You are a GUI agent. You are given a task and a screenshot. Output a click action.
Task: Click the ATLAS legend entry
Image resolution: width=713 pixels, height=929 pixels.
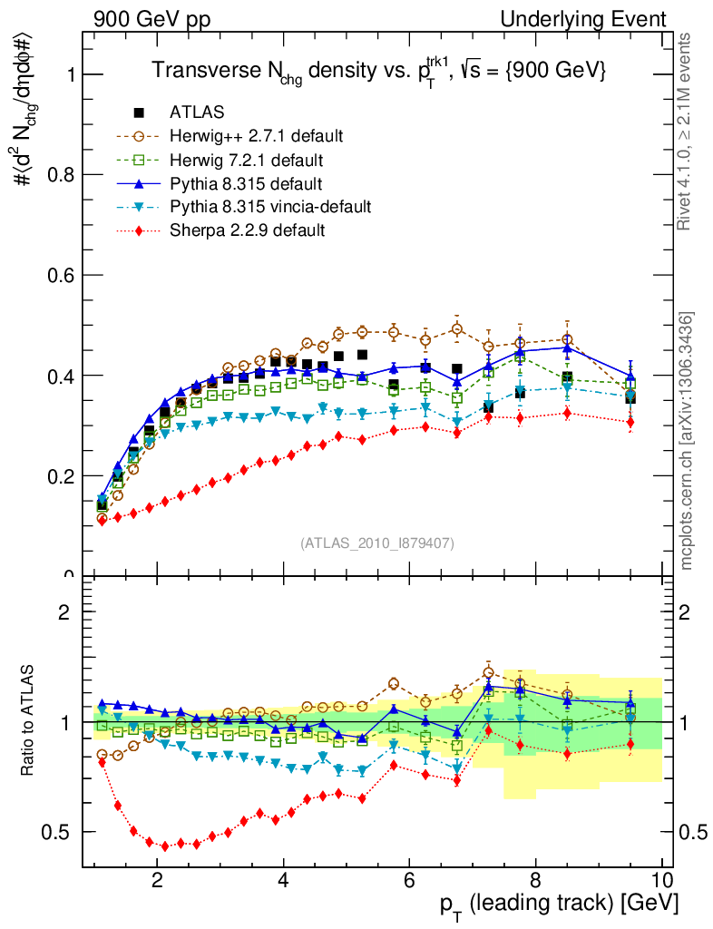[x=197, y=112]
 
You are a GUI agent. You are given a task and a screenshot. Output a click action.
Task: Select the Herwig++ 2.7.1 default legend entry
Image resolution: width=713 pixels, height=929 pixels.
[x=256, y=136]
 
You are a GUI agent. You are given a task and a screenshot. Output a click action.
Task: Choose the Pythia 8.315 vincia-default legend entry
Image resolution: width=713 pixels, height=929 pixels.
[x=270, y=207]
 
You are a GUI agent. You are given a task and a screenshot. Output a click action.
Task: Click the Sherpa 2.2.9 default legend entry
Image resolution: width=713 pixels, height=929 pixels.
[x=247, y=230]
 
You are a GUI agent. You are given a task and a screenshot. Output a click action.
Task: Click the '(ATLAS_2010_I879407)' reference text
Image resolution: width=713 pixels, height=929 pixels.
[x=377, y=543]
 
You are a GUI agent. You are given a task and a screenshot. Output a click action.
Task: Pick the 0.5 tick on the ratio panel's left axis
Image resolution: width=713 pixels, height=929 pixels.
[x=63, y=832]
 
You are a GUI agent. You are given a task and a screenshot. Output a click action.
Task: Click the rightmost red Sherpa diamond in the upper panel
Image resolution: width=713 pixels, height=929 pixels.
[x=630, y=422]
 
